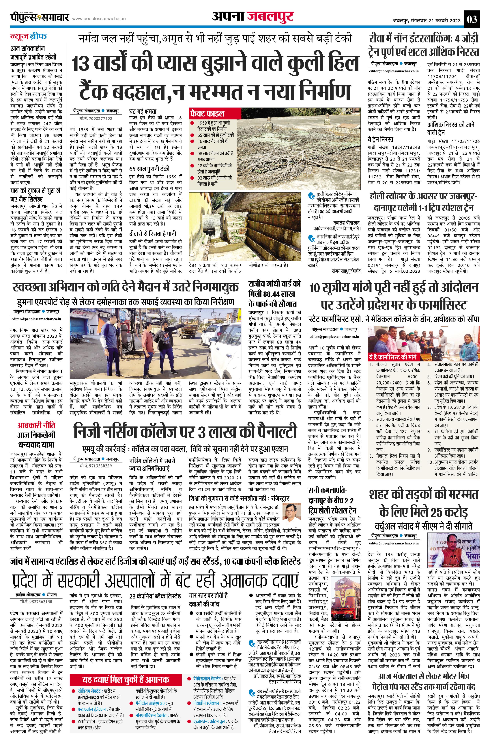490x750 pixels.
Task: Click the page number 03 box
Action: click(472, 20)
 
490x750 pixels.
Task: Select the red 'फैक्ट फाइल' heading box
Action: click(207, 113)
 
